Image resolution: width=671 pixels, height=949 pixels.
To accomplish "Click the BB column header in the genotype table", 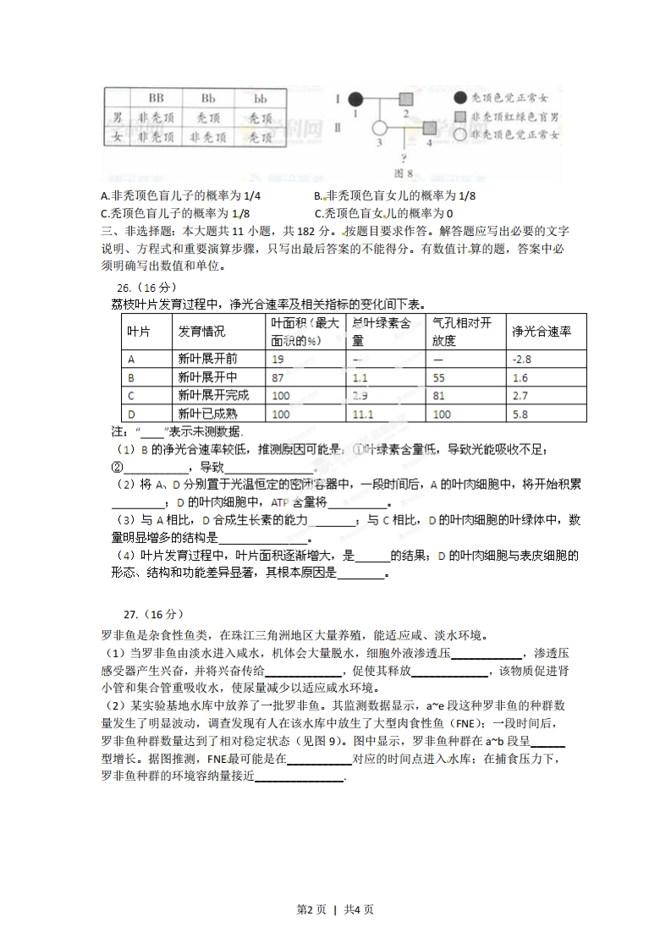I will [x=156, y=99].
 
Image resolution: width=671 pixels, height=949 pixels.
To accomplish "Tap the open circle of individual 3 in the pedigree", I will [x=380, y=129].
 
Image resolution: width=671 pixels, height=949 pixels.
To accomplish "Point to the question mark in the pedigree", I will [x=405, y=158].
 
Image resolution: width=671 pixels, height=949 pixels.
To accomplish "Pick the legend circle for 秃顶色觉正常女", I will [x=459, y=98].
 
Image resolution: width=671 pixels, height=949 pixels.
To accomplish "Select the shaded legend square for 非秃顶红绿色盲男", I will [x=459, y=116].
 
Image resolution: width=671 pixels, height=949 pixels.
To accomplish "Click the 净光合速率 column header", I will [x=542, y=332].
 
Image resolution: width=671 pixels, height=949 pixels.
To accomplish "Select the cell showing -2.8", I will [x=521, y=359].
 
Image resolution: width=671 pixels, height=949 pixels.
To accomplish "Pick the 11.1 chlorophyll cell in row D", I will [x=363, y=414].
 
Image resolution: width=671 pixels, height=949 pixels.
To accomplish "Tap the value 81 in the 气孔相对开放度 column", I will [x=439, y=396].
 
